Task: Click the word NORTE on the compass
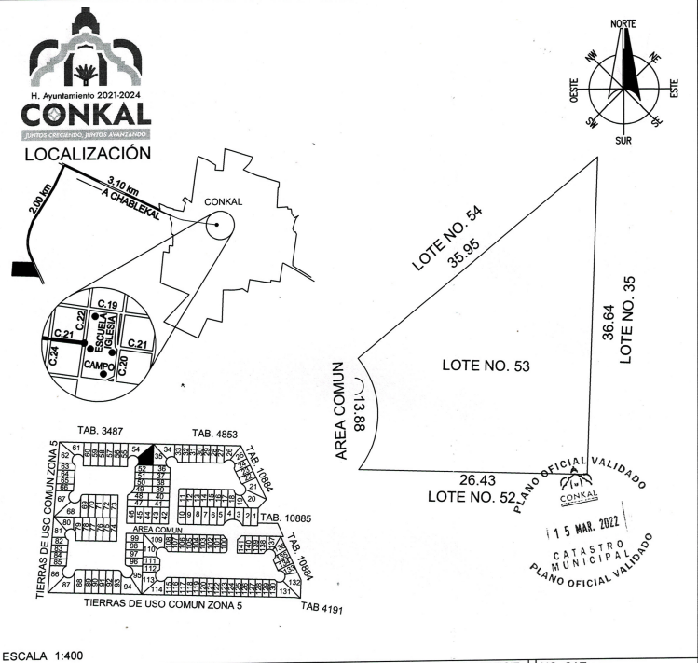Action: tap(630, 23)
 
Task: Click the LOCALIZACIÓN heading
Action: tap(87, 152)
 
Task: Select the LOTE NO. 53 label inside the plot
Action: tap(486, 366)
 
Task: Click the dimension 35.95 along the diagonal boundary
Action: tap(464, 250)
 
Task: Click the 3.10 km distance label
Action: tap(124, 185)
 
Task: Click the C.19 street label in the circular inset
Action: tap(105, 306)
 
